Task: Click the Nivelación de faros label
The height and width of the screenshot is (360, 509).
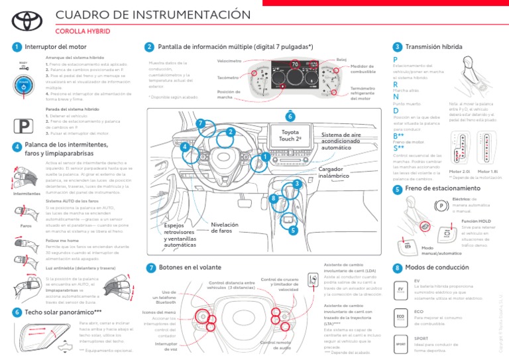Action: point(224,227)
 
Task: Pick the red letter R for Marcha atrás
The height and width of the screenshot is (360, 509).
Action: point(395,85)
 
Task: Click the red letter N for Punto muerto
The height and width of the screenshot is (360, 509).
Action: point(396,97)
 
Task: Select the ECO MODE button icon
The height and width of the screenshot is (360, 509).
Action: point(401,318)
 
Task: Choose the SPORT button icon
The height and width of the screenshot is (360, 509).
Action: point(401,344)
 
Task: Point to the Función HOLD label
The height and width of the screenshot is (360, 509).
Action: point(476,220)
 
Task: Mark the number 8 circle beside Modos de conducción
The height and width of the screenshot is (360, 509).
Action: point(396,268)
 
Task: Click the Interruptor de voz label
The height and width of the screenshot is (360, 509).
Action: point(157,347)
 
